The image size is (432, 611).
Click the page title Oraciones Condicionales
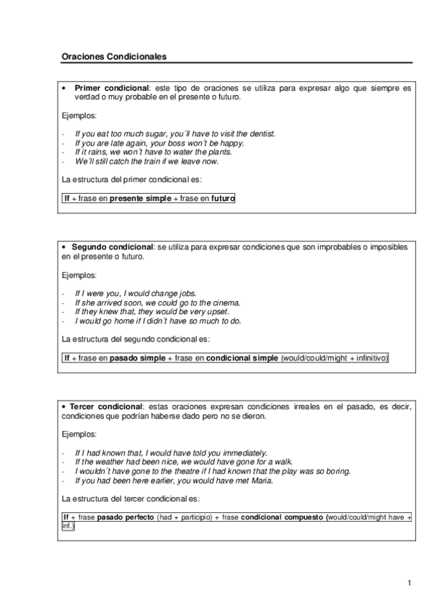(x=115, y=55)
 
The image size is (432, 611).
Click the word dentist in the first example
(x=260, y=133)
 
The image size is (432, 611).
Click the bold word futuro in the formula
(x=223, y=197)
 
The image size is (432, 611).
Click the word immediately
(x=243, y=452)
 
